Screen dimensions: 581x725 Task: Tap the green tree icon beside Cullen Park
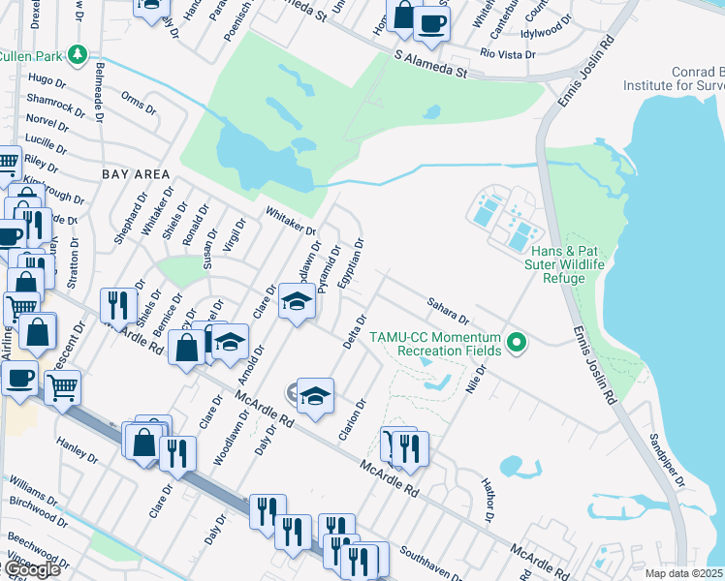point(84,53)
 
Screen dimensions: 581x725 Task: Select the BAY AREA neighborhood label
point(136,174)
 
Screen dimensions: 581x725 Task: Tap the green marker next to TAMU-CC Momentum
point(518,342)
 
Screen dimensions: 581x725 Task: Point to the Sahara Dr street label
point(448,311)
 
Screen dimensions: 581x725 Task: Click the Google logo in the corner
point(31,569)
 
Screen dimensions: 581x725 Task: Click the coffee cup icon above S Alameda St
point(431,23)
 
